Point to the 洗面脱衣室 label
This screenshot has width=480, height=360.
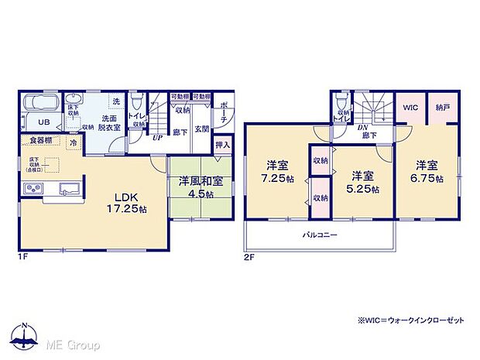[x=108, y=124]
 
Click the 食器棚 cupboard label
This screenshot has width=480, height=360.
[x=41, y=140]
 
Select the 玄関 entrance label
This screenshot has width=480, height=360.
[x=201, y=129]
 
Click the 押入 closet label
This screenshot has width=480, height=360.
[x=222, y=144]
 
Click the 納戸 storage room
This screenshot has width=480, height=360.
[x=441, y=109]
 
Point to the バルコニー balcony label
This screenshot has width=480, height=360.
[x=319, y=235]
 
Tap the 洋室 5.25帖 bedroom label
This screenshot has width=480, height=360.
[x=362, y=181]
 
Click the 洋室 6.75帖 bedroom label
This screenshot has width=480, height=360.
[x=427, y=171]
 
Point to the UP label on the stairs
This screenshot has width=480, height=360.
[x=158, y=138]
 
